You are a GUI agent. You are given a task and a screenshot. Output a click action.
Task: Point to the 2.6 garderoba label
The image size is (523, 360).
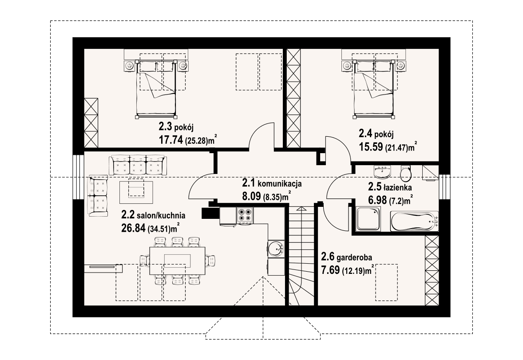(346, 257)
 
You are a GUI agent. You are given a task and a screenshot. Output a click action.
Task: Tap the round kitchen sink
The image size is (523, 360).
(276, 248)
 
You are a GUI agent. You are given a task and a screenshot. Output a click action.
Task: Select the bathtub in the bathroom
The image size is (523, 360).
(415, 221)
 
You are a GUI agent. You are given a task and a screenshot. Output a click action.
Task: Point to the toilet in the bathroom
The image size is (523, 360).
(405, 173)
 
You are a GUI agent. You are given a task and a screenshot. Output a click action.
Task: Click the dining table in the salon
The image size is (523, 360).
(177, 260)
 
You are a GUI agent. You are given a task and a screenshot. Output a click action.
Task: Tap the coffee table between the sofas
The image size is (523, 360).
(136, 188)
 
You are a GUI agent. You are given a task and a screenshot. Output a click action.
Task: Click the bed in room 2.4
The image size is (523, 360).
(373, 89)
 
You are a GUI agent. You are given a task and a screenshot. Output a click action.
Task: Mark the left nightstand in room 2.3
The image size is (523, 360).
(129, 66)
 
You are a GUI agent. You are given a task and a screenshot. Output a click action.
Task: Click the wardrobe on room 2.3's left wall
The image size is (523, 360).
(91, 123)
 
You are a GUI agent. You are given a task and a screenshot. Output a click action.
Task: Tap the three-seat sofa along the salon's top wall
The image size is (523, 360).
(137, 165)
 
